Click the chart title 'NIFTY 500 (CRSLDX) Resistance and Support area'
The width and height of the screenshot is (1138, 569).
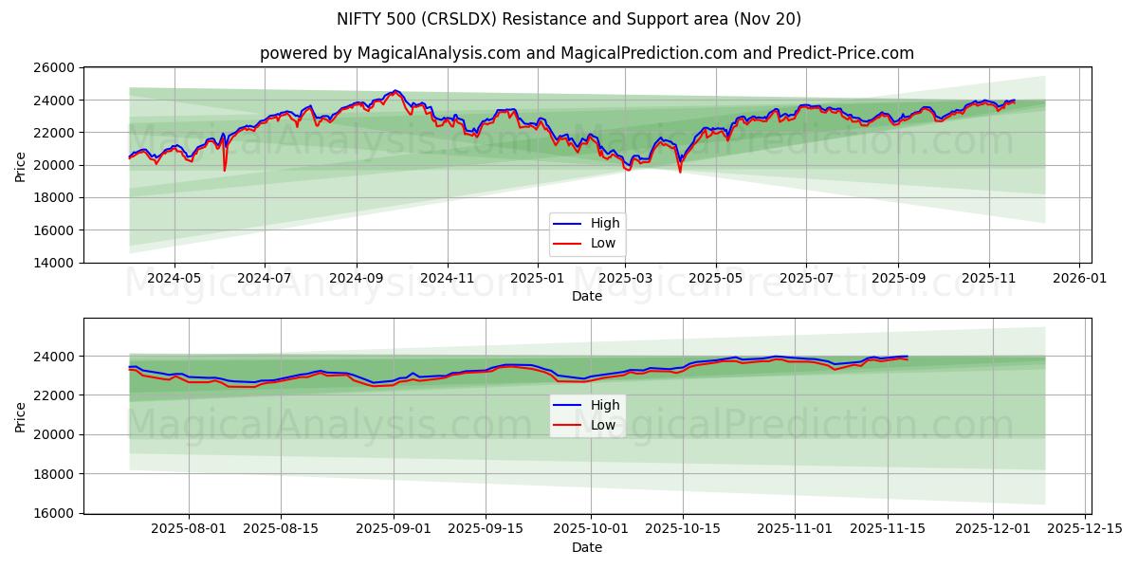click(569, 19)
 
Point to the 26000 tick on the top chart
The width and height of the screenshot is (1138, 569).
click(55, 68)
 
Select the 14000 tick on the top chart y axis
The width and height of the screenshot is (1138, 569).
click(55, 263)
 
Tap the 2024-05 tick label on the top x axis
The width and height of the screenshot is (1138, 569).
click(174, 279)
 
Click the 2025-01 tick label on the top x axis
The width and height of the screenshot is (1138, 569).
click(537, 279)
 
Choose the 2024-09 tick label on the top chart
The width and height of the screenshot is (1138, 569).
click(357, 279)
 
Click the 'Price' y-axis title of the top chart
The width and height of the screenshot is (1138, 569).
click(21, 165)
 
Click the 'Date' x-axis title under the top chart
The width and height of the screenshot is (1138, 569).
click(586, 297)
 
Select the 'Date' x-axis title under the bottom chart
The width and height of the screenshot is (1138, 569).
click(586, 547)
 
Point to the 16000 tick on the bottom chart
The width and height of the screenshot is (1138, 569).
click(55, 513)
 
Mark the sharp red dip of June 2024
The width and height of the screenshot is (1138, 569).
click(225, 169)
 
